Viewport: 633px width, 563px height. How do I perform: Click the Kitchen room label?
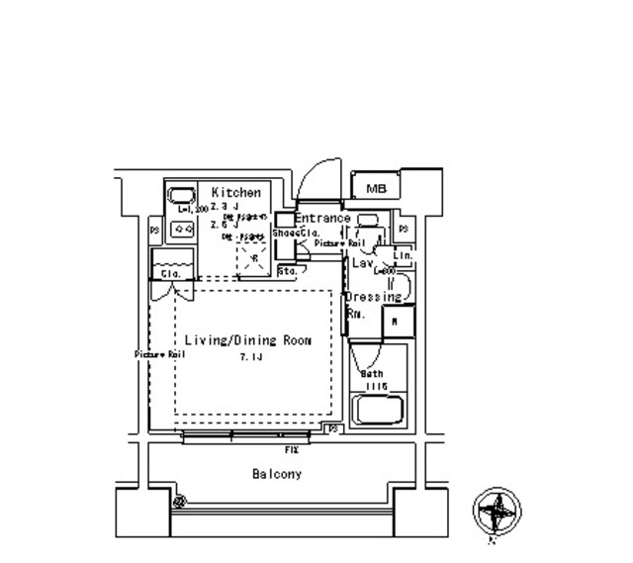pos(236,193)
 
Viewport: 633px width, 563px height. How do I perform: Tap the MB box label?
pos(376,189)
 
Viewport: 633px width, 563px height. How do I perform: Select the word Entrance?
pos(321,219)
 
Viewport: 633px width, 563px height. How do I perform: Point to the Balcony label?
pos(278,475)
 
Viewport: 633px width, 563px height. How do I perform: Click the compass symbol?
pos(497,514)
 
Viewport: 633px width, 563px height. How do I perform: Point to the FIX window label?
pos(292,449)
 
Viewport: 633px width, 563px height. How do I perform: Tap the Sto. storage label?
pos(289,269)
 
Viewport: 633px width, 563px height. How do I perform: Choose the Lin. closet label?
pos(404,256)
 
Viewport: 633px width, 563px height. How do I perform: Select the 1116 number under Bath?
pos(372,385)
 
